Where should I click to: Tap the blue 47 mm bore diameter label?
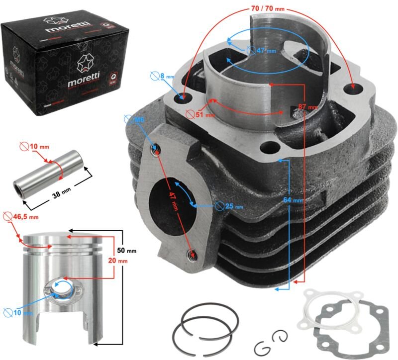261,50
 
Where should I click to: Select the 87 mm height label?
308,107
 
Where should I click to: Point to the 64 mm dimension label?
294,200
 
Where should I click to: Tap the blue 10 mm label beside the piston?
19,313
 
